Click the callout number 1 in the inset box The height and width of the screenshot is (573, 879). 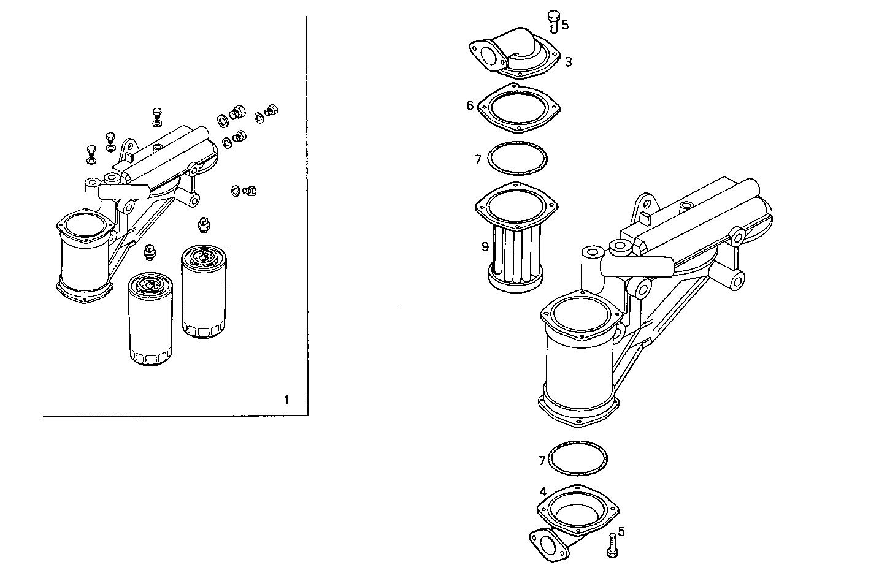tap(286, 400)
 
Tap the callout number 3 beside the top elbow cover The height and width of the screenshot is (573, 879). tap(569, 62)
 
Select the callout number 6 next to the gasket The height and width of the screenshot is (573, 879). tap(470, 105)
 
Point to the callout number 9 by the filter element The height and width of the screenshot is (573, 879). tap(485, 246)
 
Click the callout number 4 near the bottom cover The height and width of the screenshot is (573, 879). tap(543, 492)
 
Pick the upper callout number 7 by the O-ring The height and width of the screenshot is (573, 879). tap(478, 160)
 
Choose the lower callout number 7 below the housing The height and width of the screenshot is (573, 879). tap(542, 460)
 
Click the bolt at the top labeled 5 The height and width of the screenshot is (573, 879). tap(553, 20)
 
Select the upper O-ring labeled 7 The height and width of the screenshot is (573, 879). tap(518, 159)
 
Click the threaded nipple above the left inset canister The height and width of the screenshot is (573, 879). tap(148, 251)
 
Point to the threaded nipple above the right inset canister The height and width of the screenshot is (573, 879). tap(202, 225)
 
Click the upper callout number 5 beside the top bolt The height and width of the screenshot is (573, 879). tap(565, 25)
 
